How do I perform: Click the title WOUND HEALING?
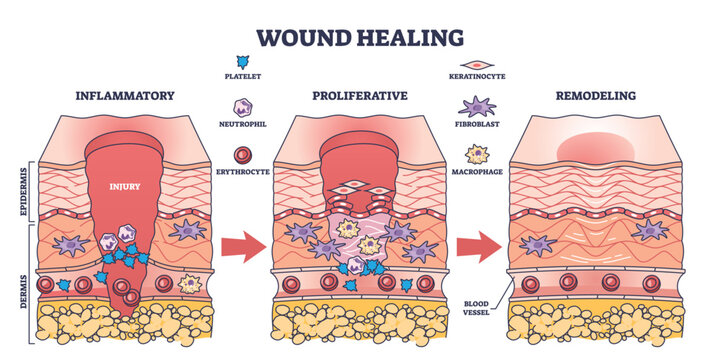coord(360,37)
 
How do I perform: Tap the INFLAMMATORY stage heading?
coord(125,96)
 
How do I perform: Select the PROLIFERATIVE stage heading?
coord(360,96)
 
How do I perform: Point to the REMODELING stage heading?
coord(597,96)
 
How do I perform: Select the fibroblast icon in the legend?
coord(479,107)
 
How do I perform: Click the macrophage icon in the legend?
coord(479,154)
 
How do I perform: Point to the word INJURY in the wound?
coord(125,184)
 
